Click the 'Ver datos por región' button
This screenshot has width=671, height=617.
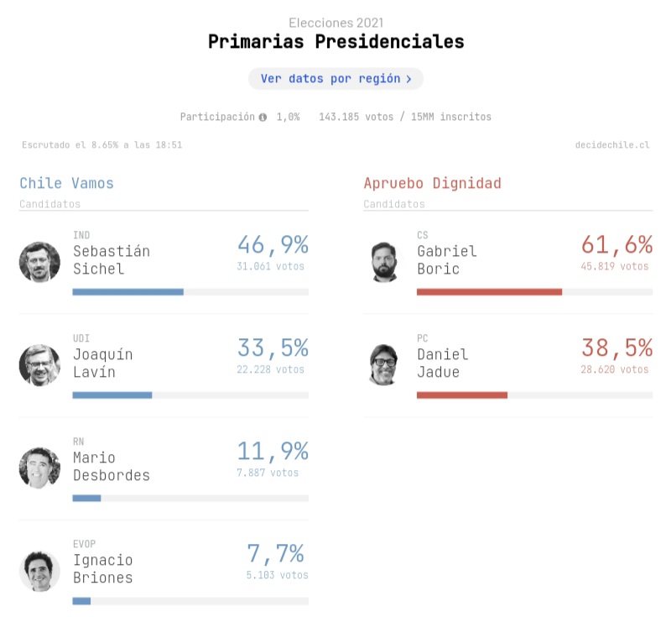(335, 79)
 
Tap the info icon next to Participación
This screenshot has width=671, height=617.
(263, 118)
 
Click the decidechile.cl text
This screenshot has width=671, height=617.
(612, 145)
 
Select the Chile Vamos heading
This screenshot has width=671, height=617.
(66, 183)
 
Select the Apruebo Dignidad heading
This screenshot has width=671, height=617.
(432, 183)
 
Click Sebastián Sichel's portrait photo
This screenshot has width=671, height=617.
(39, 262)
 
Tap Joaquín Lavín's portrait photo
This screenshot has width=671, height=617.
(39, 364)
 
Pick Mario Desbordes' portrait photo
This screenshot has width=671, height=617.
(39, 468)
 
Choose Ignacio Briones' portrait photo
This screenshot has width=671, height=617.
(39, 571)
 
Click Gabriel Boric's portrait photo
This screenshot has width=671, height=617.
(391, 262)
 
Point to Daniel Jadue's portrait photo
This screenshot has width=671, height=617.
(391, 364)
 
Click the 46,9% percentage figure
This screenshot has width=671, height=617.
(273, 245)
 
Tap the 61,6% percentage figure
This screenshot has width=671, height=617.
(616, 245)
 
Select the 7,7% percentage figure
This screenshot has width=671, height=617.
(275, 554)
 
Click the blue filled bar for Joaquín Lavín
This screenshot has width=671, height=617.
(112, 395)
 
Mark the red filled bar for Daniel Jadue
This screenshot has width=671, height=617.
(462, 395)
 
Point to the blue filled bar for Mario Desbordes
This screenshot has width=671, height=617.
(86, 498)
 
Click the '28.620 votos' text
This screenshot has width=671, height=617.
(615, 369)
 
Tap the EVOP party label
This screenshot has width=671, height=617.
(85, 544)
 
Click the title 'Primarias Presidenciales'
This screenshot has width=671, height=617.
(335, 41)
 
